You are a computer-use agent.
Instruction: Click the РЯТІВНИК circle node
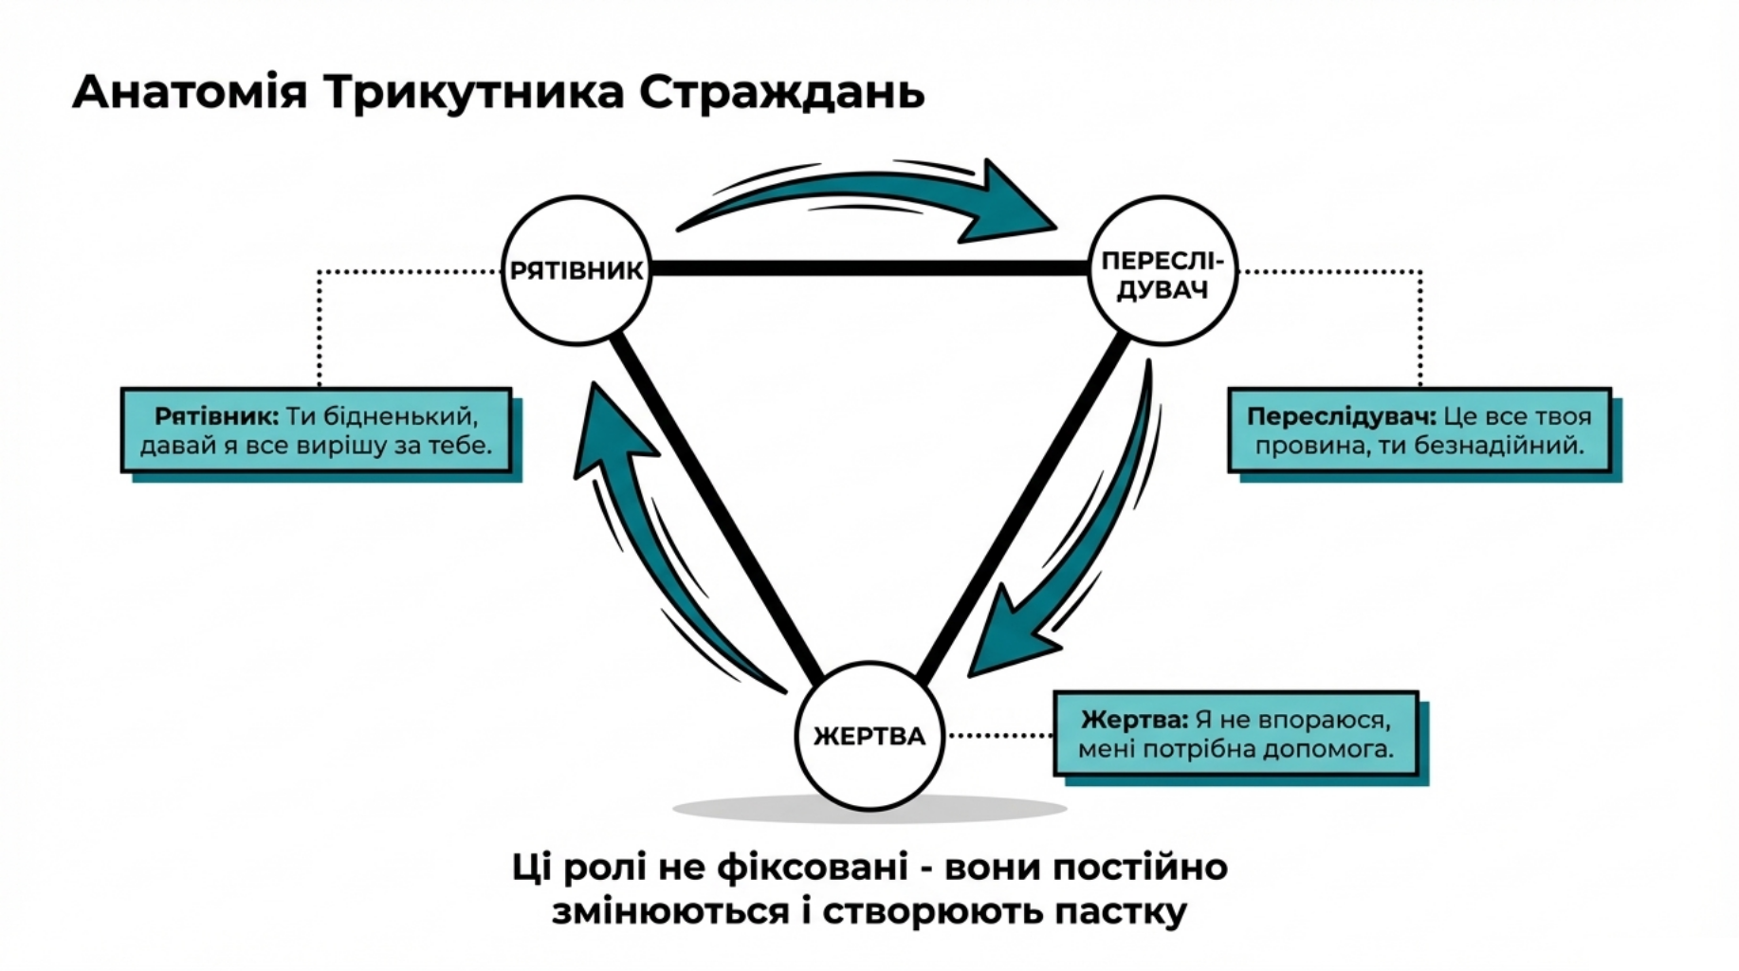pyautogui.click(x=577, y=270)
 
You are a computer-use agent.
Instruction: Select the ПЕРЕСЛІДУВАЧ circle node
pyautogui.click(x=1162, y=272)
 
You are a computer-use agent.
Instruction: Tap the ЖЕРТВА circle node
pyautogui.click(x=869, y=736)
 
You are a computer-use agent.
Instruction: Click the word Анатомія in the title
pyautogui.click(x=190, y=93)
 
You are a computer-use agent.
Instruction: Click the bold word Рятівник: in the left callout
pyautogui.click(x=216, y=416)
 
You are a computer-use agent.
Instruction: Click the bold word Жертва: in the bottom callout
pyautogui.click(x=1134, y=720)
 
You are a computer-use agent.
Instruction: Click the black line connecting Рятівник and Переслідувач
pyautogui.click(x=868, y=269)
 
